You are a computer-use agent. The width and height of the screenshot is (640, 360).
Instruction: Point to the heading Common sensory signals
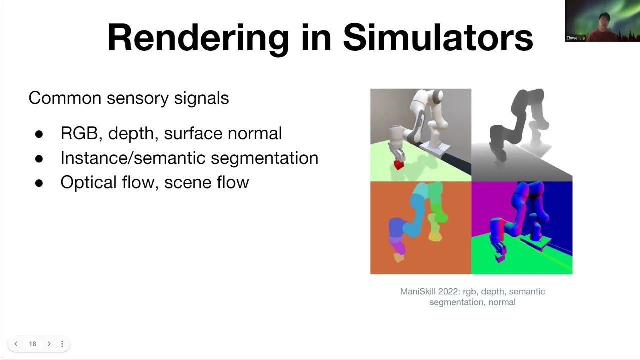tap(129, 98)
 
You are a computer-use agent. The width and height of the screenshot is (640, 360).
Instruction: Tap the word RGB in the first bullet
tap(79, 133)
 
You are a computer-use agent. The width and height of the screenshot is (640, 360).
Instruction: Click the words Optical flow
tap(107, 182)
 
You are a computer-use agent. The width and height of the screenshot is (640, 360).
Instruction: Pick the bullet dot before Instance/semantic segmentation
tap(39, 159)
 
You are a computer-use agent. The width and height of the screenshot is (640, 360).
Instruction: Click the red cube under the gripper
tap(398, 165)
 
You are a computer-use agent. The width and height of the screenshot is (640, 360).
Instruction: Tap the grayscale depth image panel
tap(522, 135)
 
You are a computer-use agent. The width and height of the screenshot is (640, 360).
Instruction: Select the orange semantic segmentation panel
tap(420, 228)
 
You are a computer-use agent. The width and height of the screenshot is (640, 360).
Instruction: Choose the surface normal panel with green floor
tap(522, 228)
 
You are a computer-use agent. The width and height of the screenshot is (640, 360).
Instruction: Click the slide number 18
tap(32, 344)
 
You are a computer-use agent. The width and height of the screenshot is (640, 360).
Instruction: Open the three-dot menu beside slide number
tap(62, 344)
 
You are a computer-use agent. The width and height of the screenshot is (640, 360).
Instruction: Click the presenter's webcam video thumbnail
tap(602, 20)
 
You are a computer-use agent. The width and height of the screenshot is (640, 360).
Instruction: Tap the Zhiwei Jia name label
tap(576, 38)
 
